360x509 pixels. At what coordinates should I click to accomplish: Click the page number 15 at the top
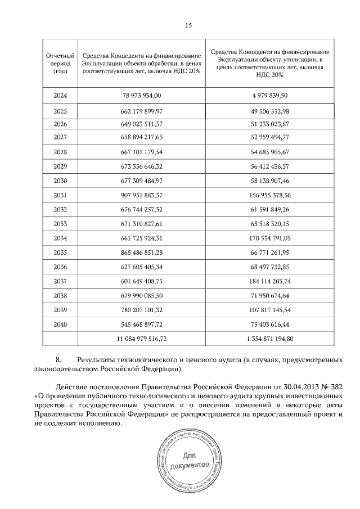pyautogui.click(x=189, y=26)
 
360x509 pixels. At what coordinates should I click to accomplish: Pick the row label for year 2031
pyautogui.click(x=60, y=196)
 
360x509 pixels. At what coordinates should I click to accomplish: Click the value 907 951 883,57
pyautogui.click(x=141, y=196)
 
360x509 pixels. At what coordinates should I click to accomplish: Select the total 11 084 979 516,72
pyautogui.click(x=141, y=338)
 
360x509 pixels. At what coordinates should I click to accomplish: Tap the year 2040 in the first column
pyautogui.click(x=60, y=325)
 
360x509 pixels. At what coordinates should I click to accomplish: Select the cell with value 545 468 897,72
pyautogui.click(x=141, y=325)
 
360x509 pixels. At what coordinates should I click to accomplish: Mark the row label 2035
pyautogui.click(x=60, y=253)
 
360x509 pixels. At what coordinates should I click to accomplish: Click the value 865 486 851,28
pyautogui.click(x=141, y=253)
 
